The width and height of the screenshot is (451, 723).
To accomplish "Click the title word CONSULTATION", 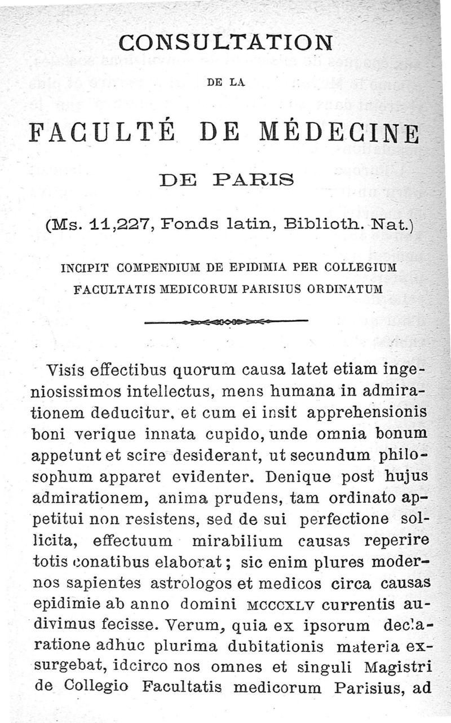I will coord(226,43).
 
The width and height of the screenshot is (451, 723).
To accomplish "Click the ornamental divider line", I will coord(226,323).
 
